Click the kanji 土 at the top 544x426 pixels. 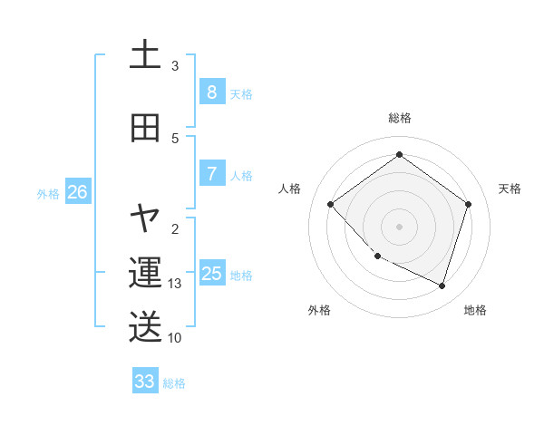[145, 55]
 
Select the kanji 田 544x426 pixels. [145, 128]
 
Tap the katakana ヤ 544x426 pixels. [145, 218]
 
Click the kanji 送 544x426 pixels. [145, 327]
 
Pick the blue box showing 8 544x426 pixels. [211, 92]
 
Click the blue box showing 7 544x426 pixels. [211, 174]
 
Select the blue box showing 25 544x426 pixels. [211, 274]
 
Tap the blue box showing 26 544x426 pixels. [77, 192]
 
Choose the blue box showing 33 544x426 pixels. [145, 382]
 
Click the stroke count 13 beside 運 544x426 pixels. [175, 284]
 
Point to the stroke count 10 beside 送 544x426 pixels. [175, 338]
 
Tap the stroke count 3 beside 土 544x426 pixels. [175, 66]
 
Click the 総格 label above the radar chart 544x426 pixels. [399, 118]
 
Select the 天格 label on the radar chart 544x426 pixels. [510, 189]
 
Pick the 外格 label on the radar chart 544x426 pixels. [319, 310]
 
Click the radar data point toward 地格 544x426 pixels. [442, 286]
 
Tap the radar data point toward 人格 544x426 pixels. [331, 204]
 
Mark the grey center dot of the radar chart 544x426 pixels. [399, 226]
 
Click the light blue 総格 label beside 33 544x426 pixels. [174, 383]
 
